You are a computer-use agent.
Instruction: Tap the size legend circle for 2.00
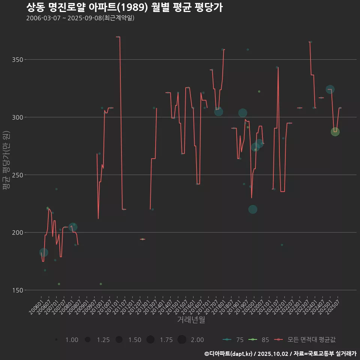[x=182, y=340]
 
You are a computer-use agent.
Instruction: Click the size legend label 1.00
[x=72, y=340]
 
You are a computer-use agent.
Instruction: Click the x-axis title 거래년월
[x=191, y=320]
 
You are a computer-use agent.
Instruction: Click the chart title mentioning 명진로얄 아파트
[x=124, y=7]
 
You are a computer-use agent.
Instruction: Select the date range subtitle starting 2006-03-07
[x=80, y=18]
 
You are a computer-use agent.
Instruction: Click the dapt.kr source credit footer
[x=280, y=353]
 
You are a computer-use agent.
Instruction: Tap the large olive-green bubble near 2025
[x=335, y=132]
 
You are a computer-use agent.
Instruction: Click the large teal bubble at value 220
[x=253, y=209]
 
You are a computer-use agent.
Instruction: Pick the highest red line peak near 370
[x=118, y=37]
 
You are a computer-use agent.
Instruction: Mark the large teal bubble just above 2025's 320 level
[x=330, y=89]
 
